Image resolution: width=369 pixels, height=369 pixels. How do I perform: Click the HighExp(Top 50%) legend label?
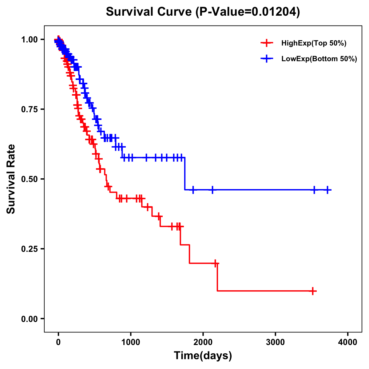[x=314, y=43]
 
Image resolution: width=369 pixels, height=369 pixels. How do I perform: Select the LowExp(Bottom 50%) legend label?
[x=319, y=59]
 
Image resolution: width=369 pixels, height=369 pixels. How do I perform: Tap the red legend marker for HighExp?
[x=267, y=43]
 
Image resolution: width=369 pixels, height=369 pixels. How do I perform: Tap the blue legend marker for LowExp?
[x=267, y=58]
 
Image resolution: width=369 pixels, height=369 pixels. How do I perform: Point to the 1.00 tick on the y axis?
[x=30, y=40]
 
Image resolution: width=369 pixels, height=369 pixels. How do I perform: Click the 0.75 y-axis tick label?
[x=30, y=109]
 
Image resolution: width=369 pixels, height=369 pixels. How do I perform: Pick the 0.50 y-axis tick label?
[x=30, y=179]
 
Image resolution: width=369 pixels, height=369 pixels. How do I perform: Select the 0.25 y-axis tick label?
[x=30, y=249]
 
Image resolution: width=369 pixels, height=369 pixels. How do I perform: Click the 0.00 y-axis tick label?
[x=30, y=319]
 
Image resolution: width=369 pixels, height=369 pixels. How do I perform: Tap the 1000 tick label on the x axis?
[x=131, y=342]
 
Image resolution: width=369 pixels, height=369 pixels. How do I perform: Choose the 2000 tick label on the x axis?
[x=203, y=342]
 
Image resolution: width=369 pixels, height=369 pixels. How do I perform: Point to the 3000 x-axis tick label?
[x=275, y=342]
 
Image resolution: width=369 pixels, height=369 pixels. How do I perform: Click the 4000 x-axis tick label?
[x=348, y=342]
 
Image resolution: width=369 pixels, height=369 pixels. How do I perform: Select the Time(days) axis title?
[x=203, y=356]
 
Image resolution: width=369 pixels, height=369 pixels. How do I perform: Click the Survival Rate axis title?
[x=11, y=179]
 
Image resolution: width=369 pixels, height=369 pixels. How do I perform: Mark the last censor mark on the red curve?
[x=313, y=291]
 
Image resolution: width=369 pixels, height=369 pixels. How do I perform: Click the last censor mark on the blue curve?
[x=327, y=190]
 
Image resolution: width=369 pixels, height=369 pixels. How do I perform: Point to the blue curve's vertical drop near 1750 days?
[x=185, y=174]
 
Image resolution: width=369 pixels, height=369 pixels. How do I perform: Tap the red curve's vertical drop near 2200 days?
[x=217, y=277]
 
